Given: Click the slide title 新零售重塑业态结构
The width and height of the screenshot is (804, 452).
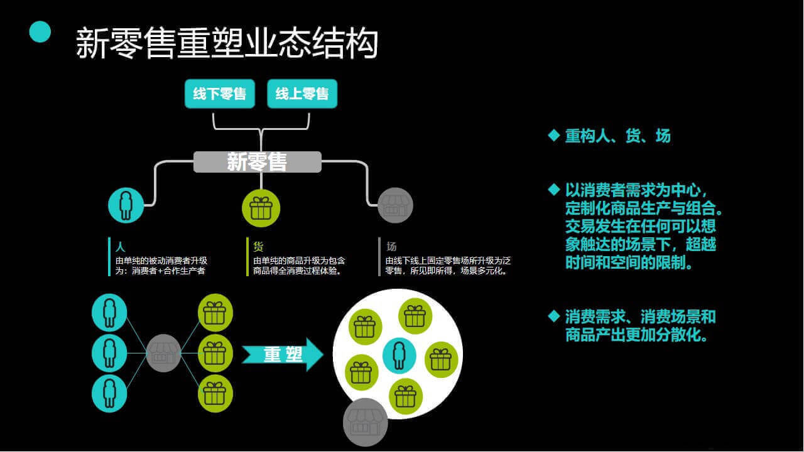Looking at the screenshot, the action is (227, 43).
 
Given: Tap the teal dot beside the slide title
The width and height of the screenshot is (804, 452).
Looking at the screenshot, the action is (40, 31).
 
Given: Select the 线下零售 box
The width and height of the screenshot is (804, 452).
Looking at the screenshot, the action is (220, 94).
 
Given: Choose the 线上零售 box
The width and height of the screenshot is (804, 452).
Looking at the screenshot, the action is (302, 94).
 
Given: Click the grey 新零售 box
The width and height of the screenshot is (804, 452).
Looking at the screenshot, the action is (258, 162).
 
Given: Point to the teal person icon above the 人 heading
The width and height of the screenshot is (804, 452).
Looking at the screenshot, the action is (126, 205).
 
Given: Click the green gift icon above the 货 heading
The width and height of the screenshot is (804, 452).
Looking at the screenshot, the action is (261, 208).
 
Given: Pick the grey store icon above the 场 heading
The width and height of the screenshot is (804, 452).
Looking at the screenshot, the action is (395, 205).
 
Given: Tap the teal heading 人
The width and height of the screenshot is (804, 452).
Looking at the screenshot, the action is (120, 247).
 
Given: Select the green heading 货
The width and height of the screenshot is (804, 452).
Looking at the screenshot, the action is (258, 247).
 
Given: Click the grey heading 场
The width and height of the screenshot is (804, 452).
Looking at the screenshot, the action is (391, 247).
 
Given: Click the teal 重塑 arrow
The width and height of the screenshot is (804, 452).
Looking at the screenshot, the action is (283, 355).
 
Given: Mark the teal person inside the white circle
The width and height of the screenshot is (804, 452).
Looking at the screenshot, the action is (399, 355).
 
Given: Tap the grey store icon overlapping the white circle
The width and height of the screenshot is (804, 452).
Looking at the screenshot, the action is (366, 422).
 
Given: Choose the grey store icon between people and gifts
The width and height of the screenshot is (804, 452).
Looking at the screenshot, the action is (163, 353).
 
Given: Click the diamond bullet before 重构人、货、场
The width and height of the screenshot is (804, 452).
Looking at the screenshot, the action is (554, 136).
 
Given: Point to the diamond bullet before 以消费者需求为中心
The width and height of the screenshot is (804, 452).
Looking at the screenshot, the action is (554, 190).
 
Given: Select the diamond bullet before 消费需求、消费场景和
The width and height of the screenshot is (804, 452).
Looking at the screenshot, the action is (554, 316).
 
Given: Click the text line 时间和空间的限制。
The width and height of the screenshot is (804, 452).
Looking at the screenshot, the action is (629, 262).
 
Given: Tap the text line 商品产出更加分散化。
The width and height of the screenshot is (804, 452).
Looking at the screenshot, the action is (637, 335).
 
